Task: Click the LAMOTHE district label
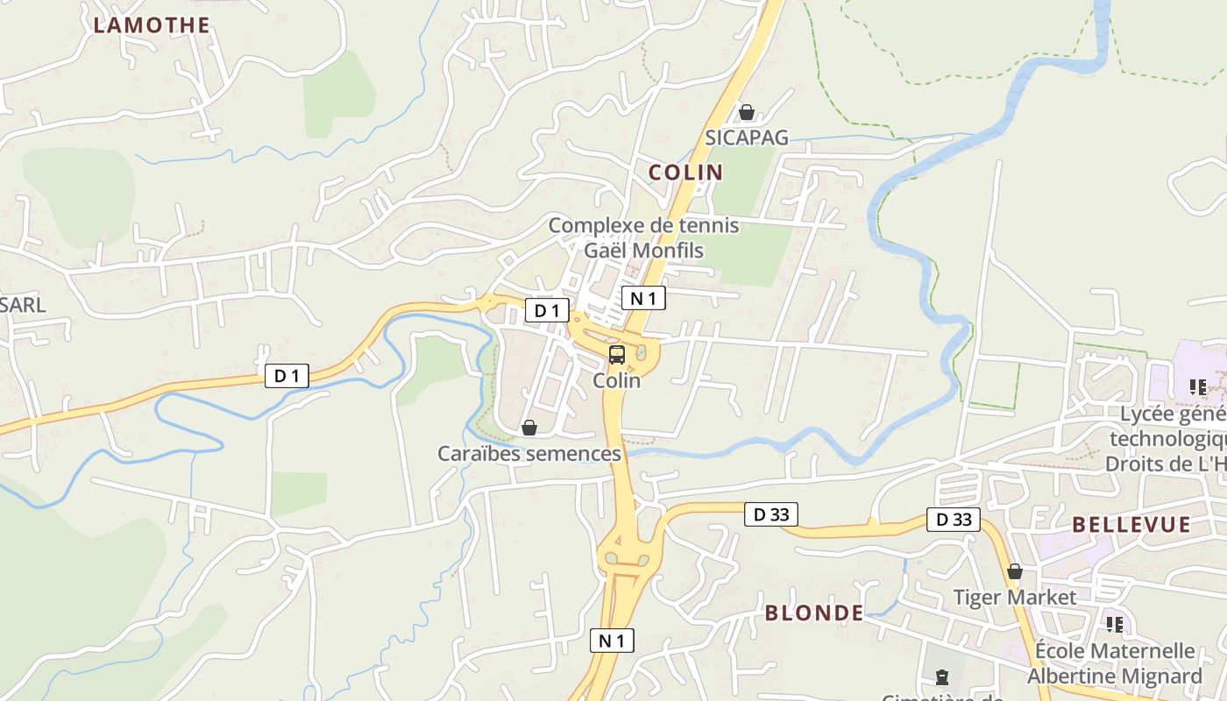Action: pos(152,25)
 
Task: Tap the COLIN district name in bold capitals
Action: pos(685,173)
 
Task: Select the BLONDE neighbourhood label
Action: pos(814,613)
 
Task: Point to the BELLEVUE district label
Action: pos(1131,525)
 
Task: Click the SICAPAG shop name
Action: pos(747,138)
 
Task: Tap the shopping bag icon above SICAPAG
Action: pos(747,112)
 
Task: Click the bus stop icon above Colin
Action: pos(617,355)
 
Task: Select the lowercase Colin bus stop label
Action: pos(617,381)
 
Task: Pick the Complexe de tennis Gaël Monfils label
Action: pos(643,237)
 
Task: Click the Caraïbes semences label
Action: pos(529,454)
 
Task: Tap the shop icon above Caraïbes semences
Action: pos(528,428)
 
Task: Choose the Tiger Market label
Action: pos(1015,598)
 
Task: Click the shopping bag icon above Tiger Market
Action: pos(1015,572)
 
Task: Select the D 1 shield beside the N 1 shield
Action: pos(547,310)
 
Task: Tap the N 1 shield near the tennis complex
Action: pos(643,298)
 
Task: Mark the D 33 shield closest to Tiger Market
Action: pos(954,520)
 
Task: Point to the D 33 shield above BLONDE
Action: pos(771,514)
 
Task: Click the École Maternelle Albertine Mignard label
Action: pos(1115,663)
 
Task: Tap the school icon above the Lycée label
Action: pos(1198,386)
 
